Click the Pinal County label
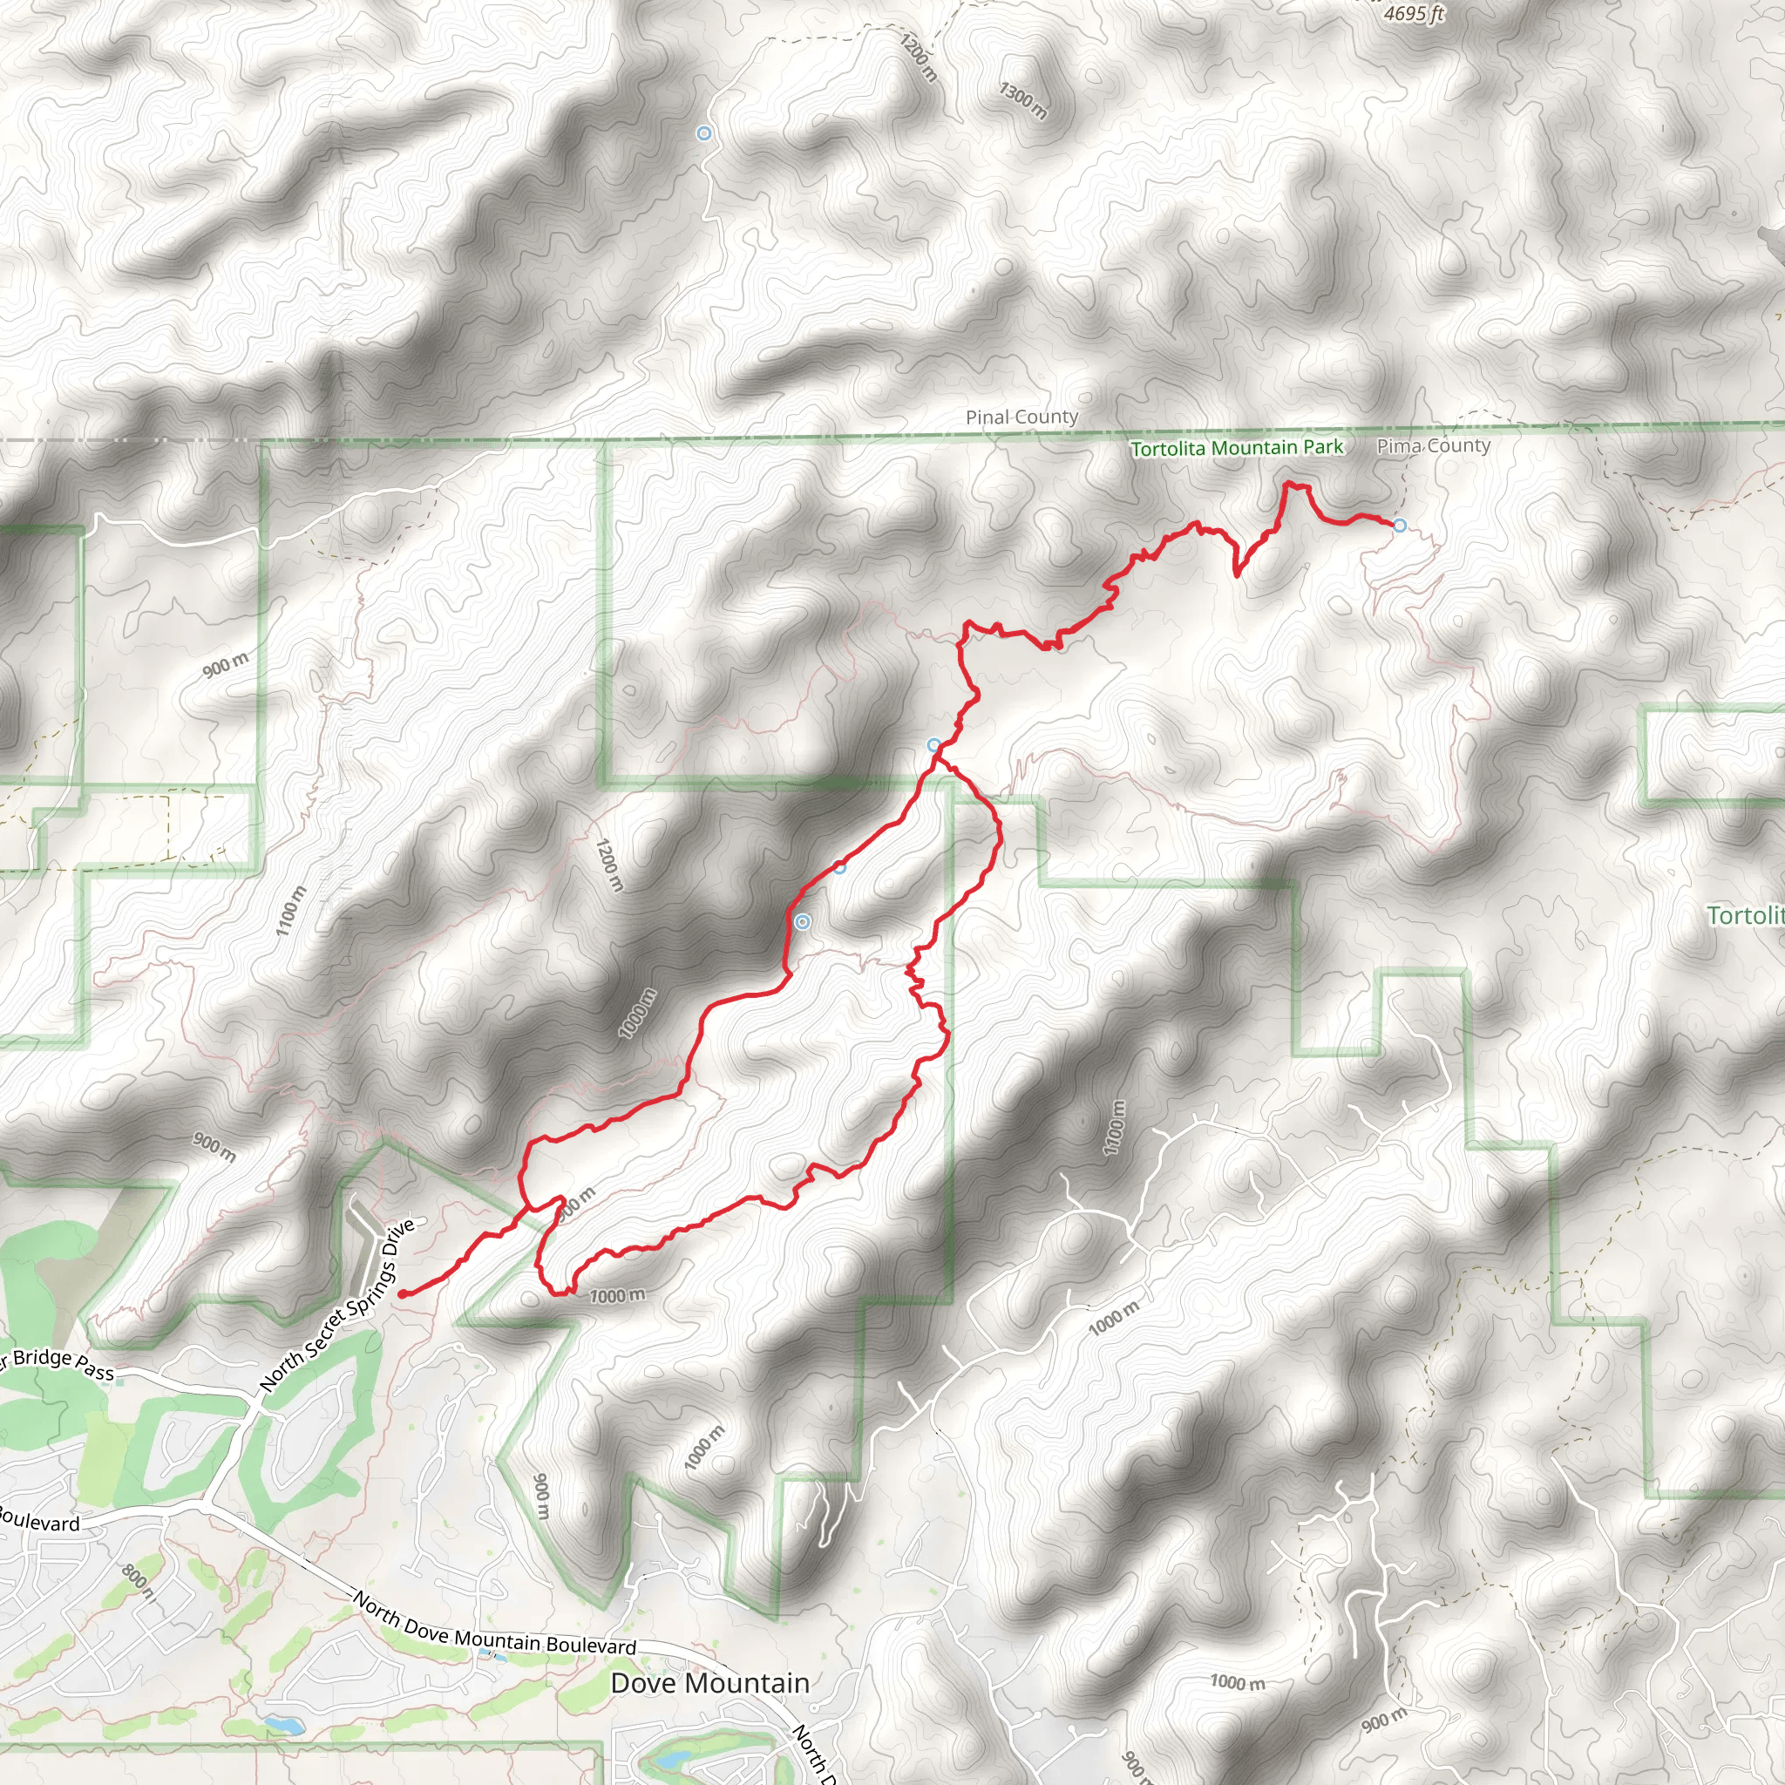(1021, 417)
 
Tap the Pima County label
(1433, 446)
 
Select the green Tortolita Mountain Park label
(1236, 448)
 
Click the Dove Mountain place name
(709, 1682)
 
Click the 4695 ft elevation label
(1414, 13)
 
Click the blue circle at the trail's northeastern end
(1400, 526)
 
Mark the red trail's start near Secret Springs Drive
(403, 1293)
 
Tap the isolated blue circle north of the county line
(704, 134)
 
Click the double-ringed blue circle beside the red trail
(803, 922)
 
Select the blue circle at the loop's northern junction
(934, 745)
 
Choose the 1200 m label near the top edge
(919, 58)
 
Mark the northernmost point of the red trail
(1289, 483)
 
